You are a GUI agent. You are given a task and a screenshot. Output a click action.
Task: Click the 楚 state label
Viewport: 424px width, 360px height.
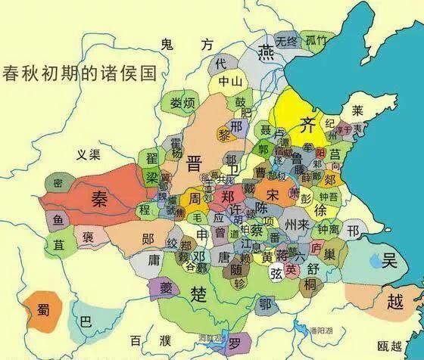(x=200, y=294)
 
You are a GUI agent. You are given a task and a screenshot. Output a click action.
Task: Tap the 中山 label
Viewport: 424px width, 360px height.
(x=229, y=81)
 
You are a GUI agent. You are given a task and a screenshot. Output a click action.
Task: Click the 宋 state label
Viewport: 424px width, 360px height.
(x=273, y=194)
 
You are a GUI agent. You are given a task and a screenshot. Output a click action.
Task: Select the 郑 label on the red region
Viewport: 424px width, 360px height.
(x=228, y=195)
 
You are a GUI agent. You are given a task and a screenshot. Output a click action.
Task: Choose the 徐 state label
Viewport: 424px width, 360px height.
(x=321, y=209)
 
